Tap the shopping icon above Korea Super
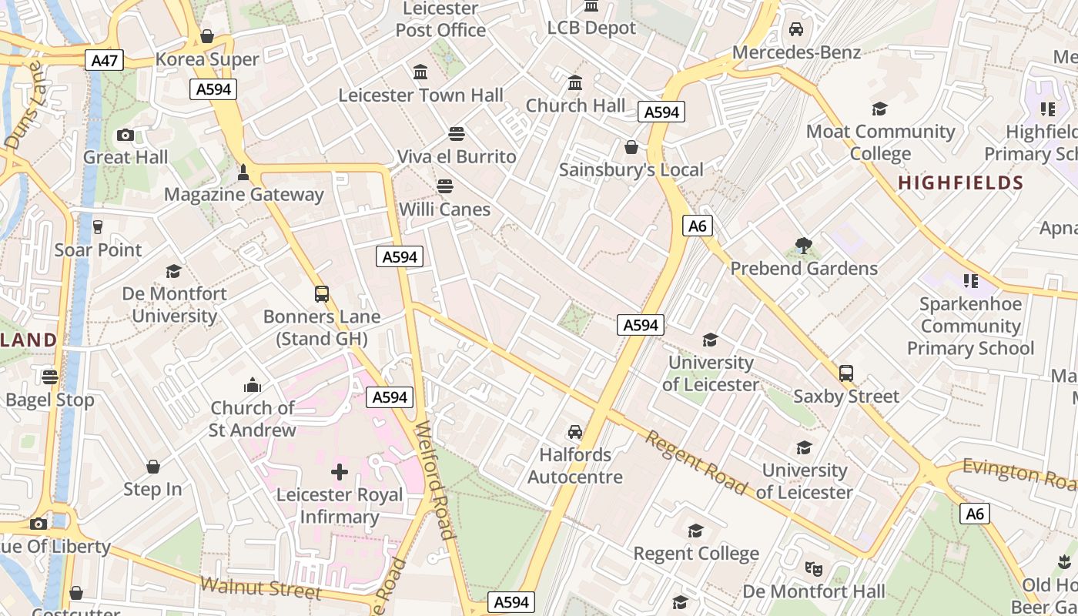[207, 36]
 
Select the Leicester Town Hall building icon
[420, 72]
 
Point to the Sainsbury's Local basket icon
[631, 146]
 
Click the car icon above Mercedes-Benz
[796, 29]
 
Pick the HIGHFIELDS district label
[960, 183]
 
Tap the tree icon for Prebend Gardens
[804, 246]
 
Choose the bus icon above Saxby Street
[846, 373]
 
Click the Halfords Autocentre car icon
[575, 431]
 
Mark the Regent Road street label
[695, 462]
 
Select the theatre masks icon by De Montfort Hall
[813, 568]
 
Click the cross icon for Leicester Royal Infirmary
[340, 471]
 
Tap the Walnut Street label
[259, 588]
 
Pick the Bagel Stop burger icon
[50, 377]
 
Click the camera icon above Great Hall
[126, 135]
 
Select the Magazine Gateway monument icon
[243, 172]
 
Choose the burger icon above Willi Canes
[444, 186]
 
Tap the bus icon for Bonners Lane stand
[322, 293]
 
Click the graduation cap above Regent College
[695, 531]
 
